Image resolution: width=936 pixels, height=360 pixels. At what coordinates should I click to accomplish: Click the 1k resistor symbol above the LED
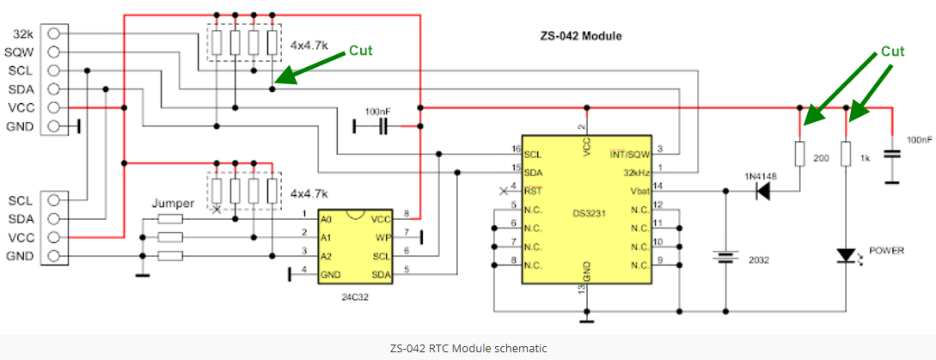point(847,155)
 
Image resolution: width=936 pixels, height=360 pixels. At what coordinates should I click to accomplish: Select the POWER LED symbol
point(847,255)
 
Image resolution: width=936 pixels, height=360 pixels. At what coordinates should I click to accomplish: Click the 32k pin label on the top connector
point(23,33)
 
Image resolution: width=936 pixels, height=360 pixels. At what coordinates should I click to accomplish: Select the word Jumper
point(173,204)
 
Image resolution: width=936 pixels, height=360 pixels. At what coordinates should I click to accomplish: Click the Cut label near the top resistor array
point(361,51)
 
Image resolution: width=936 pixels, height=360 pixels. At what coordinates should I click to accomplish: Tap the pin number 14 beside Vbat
point(658,186)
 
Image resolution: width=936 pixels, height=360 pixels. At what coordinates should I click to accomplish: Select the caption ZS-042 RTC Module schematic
point(468,348)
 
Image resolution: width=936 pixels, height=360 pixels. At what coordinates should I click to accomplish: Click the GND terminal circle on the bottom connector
point(56,256)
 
